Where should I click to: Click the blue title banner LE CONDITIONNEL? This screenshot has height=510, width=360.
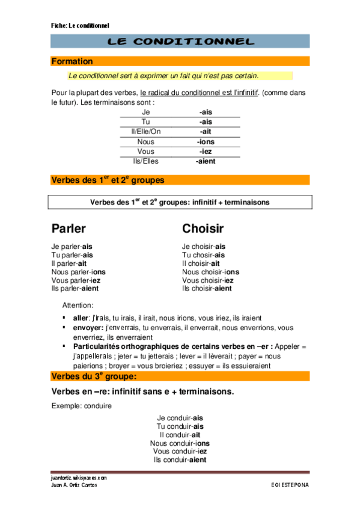[x=180, y=41]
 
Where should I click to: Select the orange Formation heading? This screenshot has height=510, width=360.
[x=72, y=61]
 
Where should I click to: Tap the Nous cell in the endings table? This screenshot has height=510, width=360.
[x=145, y=142]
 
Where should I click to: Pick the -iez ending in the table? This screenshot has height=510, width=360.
[x=206, y=152]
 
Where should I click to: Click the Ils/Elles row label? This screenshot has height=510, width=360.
[x=145, y=161]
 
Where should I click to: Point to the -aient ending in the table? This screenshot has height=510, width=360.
[x=206, y=161]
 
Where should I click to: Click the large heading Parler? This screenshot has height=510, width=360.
[x=69, y=229]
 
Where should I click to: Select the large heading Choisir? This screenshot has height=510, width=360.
[x=203, y=229]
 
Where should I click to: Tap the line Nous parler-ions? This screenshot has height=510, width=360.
[x=76, y=272]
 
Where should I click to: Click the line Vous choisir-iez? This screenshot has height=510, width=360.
[x=208, y=280]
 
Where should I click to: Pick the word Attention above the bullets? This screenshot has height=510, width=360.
[x=78, y=306]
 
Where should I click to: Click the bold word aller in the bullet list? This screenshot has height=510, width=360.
[x=81, y=317]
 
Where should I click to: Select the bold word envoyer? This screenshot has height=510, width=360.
[x=88, y=328]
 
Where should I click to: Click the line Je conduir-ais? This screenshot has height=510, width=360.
[x=180, y=418]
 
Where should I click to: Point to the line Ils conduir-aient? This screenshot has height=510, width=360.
[x=180, y=460]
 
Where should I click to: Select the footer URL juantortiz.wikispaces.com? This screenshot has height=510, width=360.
[x=79, y=478]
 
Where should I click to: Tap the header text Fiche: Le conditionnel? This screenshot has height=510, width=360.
[x=80, y=26]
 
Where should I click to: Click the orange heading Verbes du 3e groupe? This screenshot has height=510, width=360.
[x=94, y=376]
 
